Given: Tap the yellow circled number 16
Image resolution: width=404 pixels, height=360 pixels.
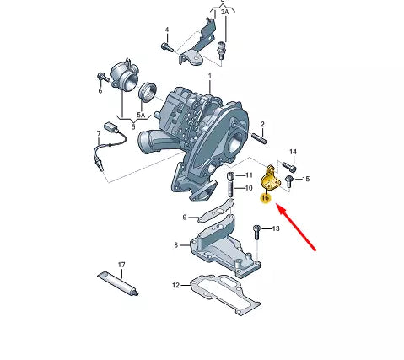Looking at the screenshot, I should click(265, 199).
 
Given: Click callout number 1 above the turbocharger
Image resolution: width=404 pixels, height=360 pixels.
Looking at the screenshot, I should click(210, 77).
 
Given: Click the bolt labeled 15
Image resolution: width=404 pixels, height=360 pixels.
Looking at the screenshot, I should click(289, 180).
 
